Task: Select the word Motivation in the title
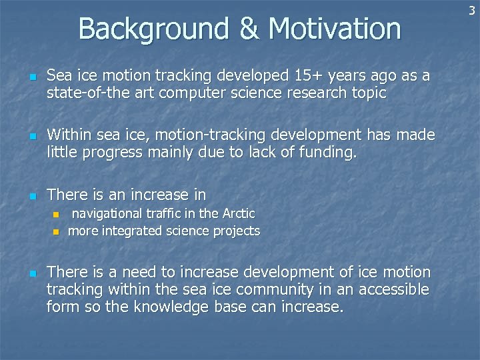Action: point(334,29)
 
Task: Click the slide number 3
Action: point(472,9)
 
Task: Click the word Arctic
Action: point(238,213)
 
